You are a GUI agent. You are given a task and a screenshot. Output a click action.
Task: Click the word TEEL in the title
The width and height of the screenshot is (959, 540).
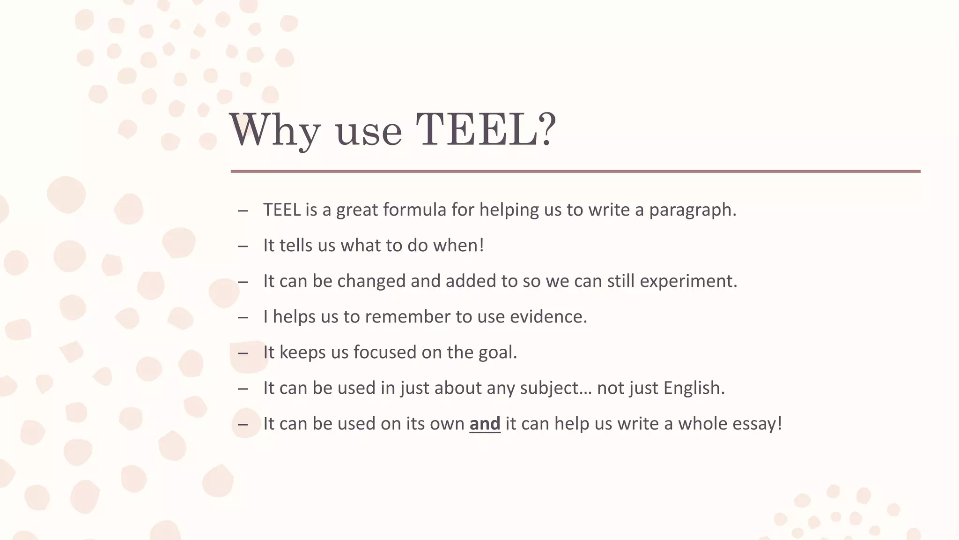point(477,130)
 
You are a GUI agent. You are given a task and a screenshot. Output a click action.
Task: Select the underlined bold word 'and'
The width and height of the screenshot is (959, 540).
point(485,424)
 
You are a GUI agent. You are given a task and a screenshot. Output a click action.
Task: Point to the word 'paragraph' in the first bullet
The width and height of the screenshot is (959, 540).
point(690,210)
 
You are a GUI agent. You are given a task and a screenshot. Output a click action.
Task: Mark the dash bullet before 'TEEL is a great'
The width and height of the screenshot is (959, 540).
point(243,210)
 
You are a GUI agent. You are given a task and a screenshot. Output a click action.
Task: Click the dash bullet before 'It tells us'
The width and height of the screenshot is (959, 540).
point(243,246)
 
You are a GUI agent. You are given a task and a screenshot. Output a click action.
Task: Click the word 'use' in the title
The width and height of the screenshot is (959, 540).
point(369,131)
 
